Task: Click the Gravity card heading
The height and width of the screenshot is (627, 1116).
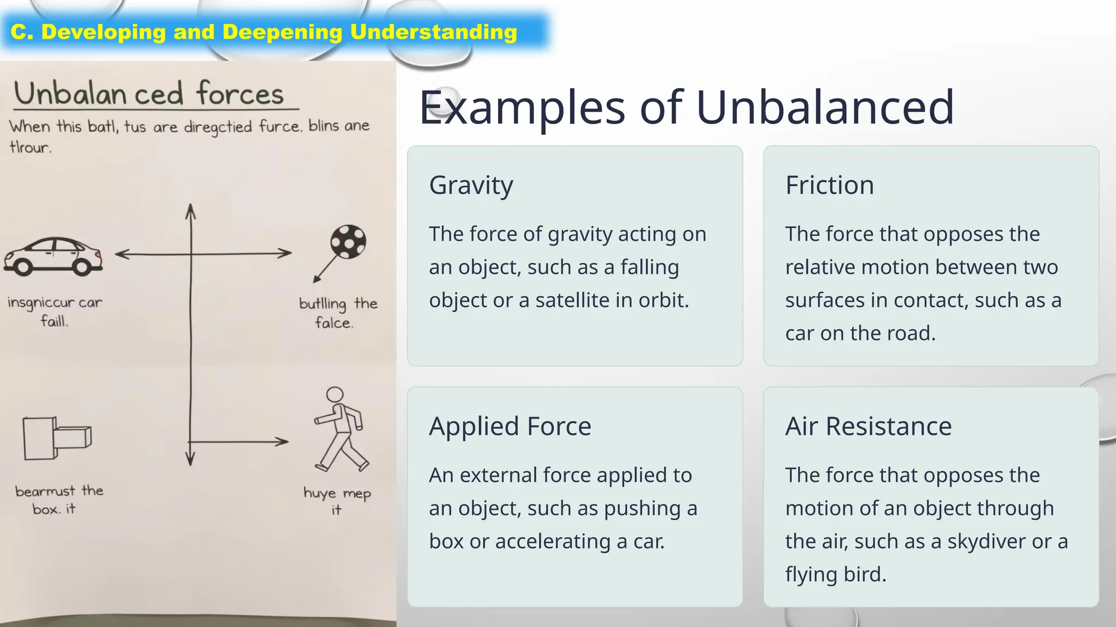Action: [471, 186]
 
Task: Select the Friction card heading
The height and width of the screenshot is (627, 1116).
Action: [829, 185]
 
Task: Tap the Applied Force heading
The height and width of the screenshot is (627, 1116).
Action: [510, 426]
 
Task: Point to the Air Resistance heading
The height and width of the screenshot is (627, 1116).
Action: [868, 426]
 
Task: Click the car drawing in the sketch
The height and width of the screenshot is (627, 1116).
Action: [53, 256]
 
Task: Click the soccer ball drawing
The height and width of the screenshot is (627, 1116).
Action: [348, 242]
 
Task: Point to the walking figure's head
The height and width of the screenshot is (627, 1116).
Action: [335, 395]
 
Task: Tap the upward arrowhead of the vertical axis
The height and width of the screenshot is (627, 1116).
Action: [190, 211]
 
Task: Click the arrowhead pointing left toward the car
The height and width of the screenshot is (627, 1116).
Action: [122, 254]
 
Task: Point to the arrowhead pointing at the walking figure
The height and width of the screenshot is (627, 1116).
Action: [282, 441]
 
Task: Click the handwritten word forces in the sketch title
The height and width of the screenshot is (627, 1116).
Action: [240, 94]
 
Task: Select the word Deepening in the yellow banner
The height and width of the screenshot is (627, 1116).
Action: [282, 32]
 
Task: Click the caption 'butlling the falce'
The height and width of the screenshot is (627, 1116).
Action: [338, 313]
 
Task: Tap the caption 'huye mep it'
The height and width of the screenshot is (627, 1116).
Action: [337, 501]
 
